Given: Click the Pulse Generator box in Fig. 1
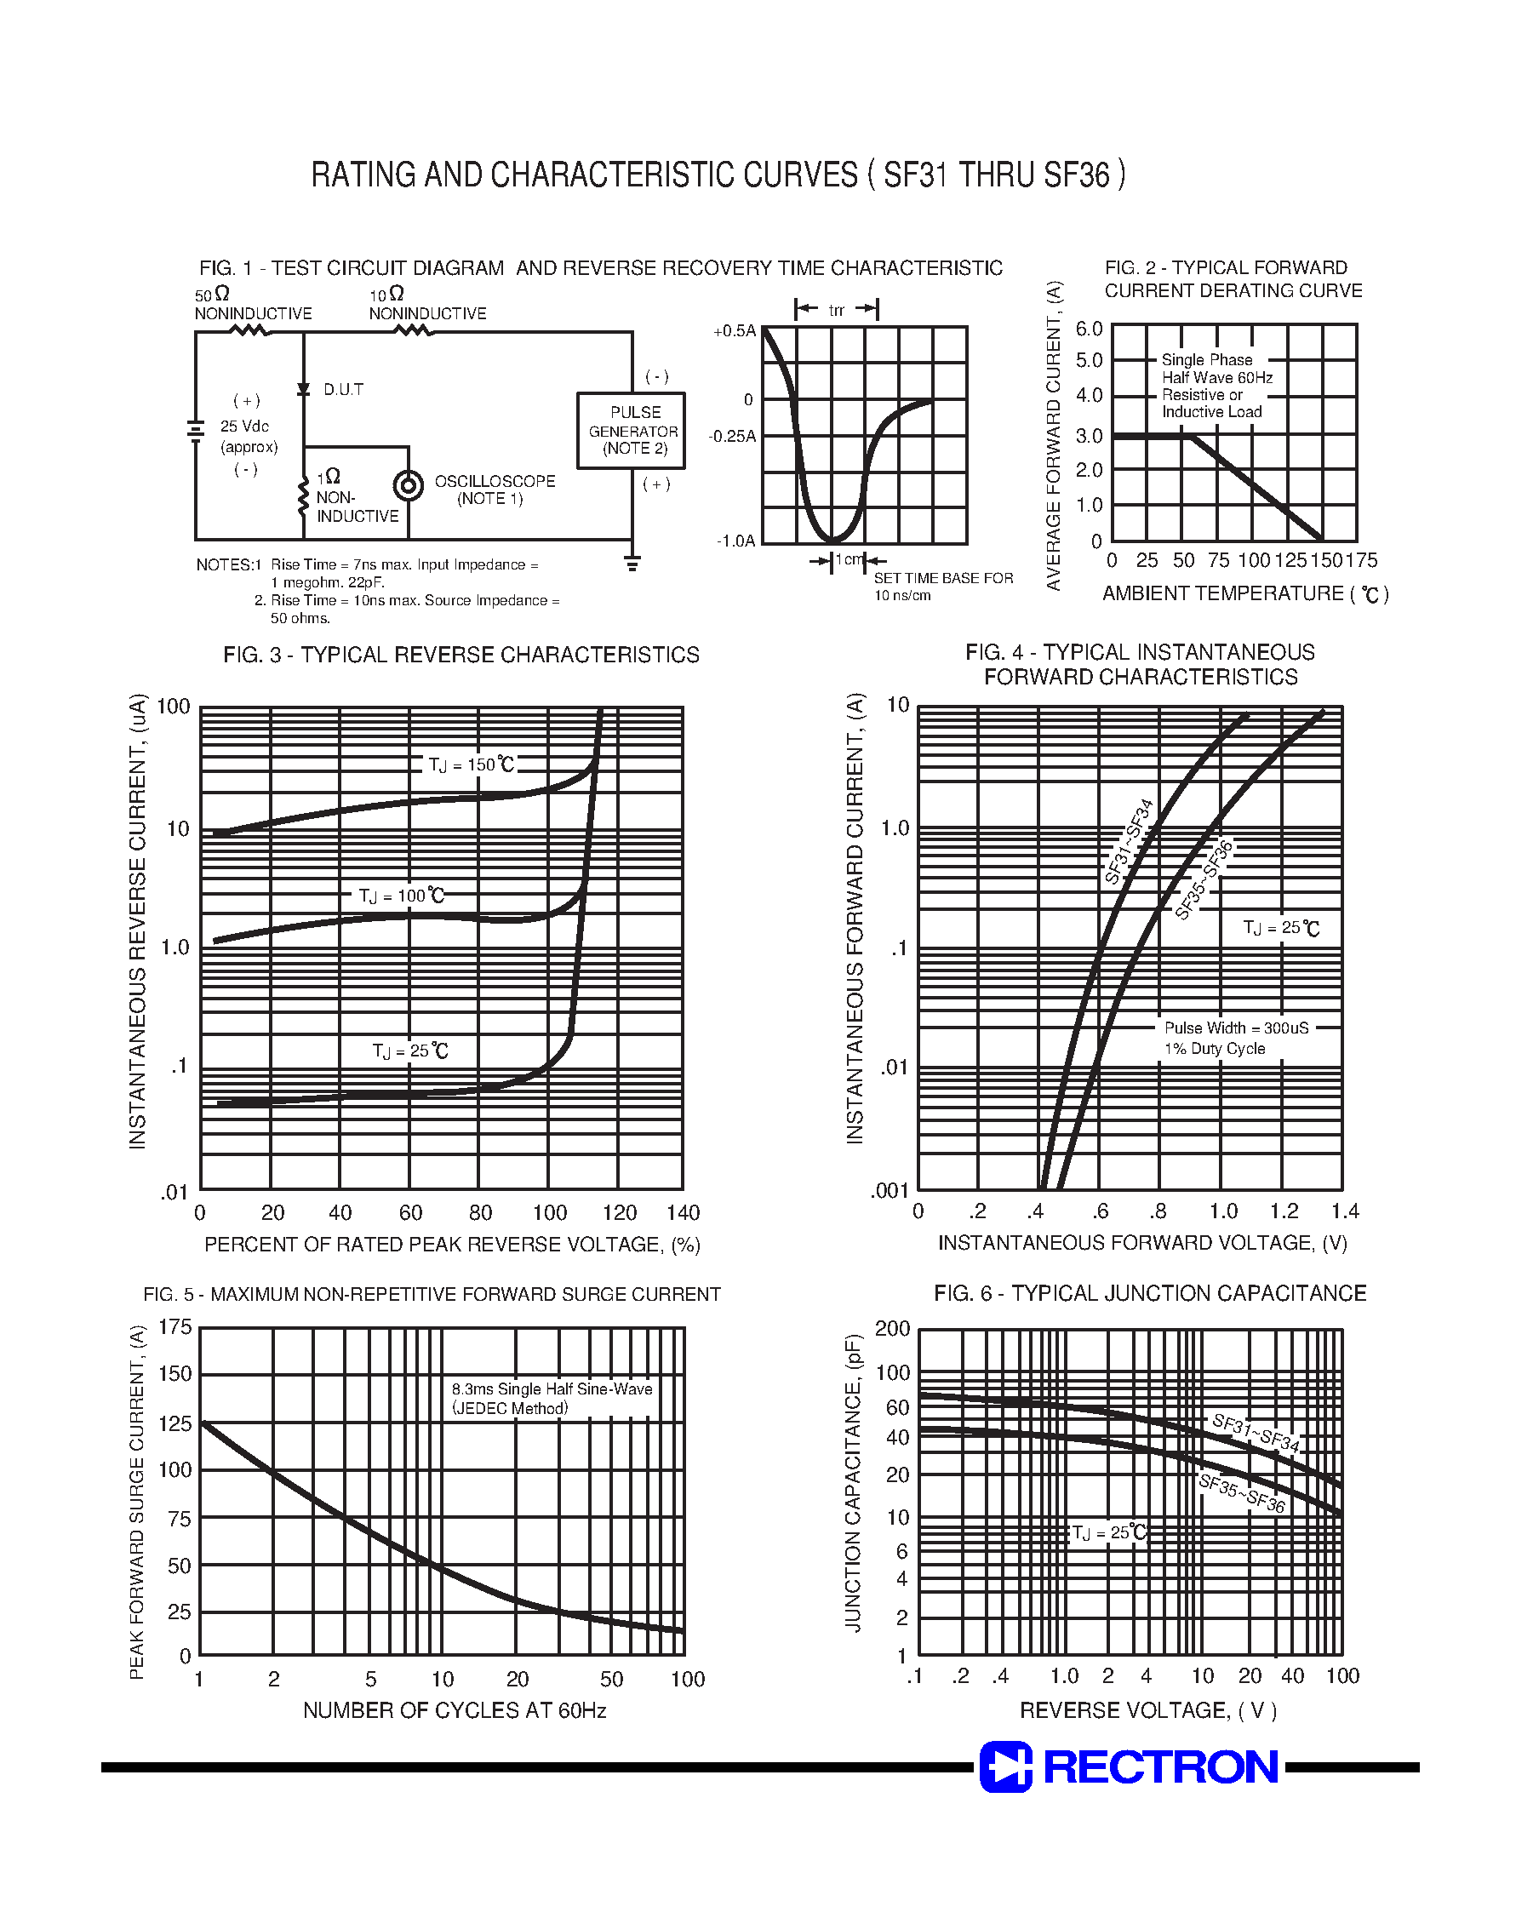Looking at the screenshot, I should (x=631, y=431).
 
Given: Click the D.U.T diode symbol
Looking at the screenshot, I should (x=304, y=390).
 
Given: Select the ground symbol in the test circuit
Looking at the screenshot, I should (x=632, y=563).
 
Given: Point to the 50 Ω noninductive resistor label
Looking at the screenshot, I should (x=252, y=304).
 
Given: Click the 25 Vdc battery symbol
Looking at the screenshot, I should (x=196, y=431).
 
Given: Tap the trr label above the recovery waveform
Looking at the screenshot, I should (x=836, y=310).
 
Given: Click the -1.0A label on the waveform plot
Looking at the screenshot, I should (x=735, y=541).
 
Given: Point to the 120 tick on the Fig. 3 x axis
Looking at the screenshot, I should (x=619, y=1212).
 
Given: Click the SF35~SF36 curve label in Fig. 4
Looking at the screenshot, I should (x=1204, y=879).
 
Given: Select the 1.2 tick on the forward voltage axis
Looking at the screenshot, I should (x=1284, y=1211).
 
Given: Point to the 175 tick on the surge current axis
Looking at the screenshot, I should (x=174, y=1327).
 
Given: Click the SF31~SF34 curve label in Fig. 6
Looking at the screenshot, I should (x=1255, y=1434).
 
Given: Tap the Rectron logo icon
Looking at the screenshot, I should (x=1005, y=1766).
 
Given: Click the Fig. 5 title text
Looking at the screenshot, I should (x=432, y=1294).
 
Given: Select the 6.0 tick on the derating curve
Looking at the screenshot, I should (x=1089, y=329).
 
